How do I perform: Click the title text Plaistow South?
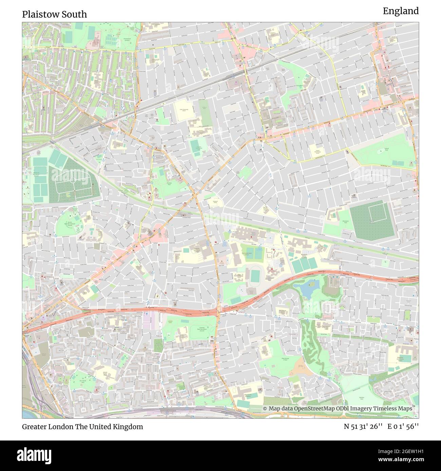pos(55,14)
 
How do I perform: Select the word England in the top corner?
pos(401,11)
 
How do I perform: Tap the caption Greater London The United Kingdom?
pos(82,427)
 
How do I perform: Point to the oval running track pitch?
pos(254,275)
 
